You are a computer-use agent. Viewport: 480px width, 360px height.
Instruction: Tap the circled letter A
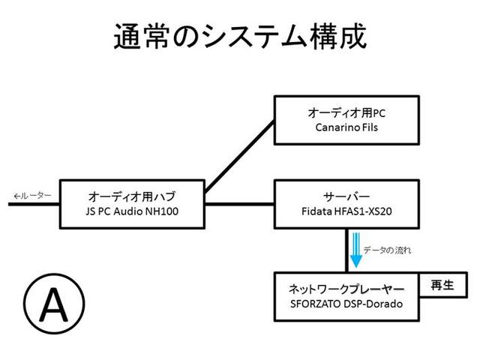[52, 304]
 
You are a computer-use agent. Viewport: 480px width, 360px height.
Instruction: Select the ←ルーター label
[32, 196]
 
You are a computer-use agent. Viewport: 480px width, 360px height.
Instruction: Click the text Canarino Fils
[346, 127]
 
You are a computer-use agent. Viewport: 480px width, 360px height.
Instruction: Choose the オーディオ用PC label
[346, 112]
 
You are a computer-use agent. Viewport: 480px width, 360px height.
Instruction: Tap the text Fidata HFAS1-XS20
[346, 211]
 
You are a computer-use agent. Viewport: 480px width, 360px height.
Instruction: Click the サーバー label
[346, 196]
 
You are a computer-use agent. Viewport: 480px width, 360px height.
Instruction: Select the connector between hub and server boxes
[240, 203]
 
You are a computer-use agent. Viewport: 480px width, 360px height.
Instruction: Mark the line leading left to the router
[30, 204]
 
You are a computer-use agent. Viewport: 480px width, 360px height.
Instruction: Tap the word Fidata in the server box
[313, 211]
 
